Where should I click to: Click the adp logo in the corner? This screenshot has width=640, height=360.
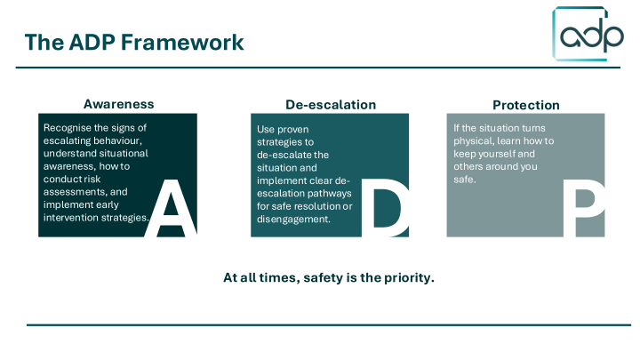click(588, 34)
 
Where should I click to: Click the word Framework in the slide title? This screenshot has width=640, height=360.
click(182, 42)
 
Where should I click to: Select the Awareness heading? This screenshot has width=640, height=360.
click(119, 104)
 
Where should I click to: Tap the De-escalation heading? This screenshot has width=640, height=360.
click(331, 105)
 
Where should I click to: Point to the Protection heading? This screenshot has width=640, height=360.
click(525, 105)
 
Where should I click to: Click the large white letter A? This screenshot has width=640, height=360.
click(171, 208)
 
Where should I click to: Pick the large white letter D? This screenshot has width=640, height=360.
click(385, 208)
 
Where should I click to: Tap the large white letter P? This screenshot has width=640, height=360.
click(584, 208)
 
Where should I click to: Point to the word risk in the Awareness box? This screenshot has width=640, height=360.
click(92, 180)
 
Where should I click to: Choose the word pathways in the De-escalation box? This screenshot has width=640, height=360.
click(332, 194)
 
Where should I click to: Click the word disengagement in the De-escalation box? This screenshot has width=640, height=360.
click(293, 220)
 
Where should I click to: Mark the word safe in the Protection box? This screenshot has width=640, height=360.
click(465, 180)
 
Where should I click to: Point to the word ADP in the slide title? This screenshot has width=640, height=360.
click(92, 42)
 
